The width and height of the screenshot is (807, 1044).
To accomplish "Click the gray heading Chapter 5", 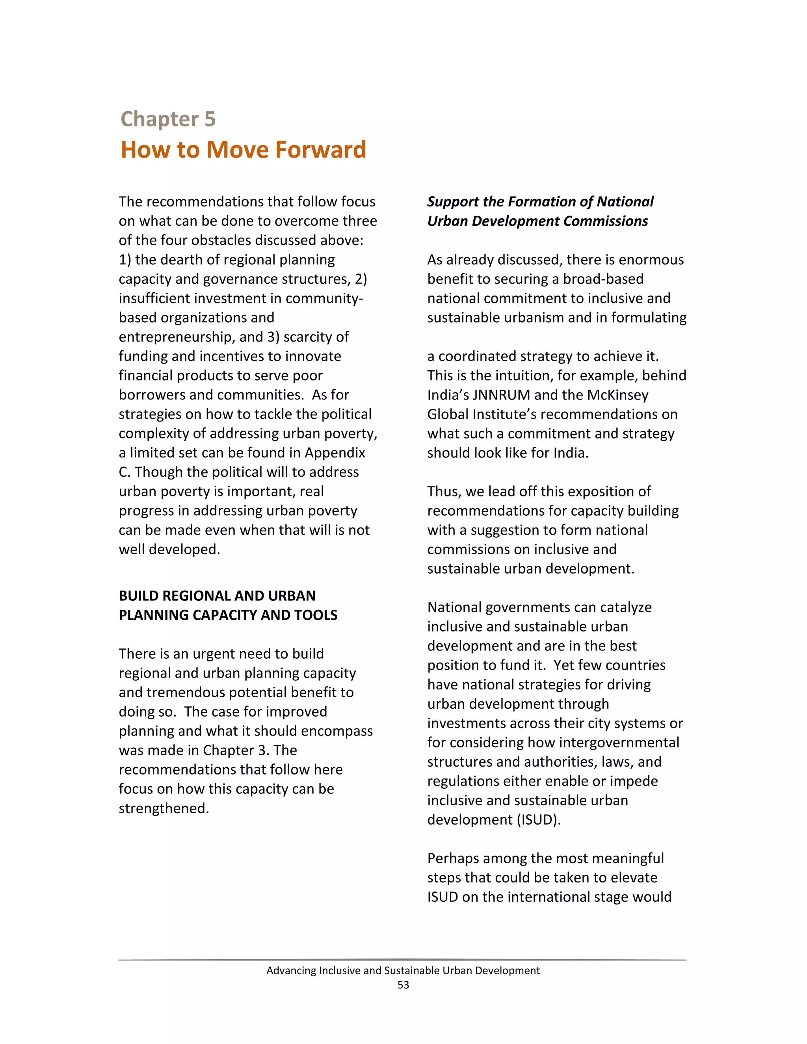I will (x=168, y=119).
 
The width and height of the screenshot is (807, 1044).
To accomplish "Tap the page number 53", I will (x=403, y=985).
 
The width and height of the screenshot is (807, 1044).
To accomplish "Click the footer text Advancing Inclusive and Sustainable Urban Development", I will (x=403, y=970).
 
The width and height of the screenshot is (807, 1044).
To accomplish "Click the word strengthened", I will (x=164, y=808).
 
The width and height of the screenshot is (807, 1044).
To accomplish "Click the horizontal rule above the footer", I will (x=403, y=960).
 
